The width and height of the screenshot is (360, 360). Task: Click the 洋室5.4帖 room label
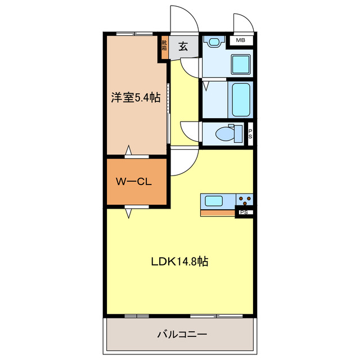pos(135,98)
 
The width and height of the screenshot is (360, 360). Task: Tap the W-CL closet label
pos(133,182)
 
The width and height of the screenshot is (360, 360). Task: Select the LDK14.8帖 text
pos(180,262)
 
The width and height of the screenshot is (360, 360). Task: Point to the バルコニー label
pos(182,334)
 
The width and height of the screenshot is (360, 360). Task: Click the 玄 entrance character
pos(183,47)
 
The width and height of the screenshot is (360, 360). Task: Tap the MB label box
pos(241,40)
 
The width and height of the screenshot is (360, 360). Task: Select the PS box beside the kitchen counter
pos(244,213)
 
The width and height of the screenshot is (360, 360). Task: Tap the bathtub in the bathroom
pos(240,100)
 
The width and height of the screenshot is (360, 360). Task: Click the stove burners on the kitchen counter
pos(245,199)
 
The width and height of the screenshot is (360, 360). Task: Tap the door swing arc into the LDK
pos(184,163)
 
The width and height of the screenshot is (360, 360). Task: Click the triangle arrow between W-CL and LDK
pos(129,212)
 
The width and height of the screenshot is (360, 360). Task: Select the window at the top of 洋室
pos(136,34)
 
